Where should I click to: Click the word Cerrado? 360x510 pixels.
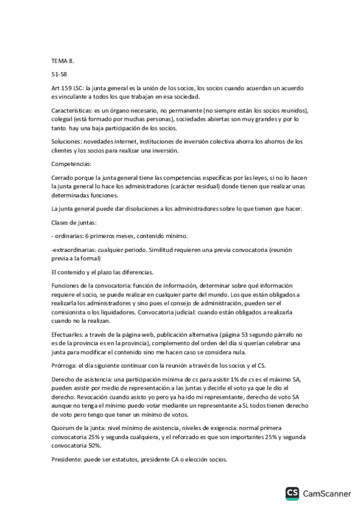click(x=64, y=178)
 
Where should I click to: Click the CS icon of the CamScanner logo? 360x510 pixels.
click(x=293, y=494)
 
